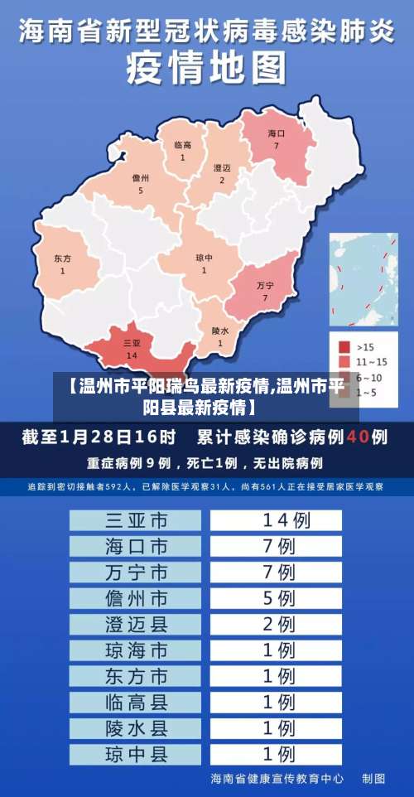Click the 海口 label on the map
[277, 133]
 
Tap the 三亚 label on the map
[132, 342]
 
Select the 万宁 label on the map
[265, 285]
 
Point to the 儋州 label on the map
[141, 178]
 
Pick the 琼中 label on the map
[204, 258]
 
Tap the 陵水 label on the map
[220, 330]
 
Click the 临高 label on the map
[183, 145]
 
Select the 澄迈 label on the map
[222, 167]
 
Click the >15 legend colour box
[344, 346]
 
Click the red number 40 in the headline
[358, 436]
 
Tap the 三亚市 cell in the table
[136, 520]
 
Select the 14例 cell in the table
[277, 520]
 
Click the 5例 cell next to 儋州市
[277, 597]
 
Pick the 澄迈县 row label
[136, 623]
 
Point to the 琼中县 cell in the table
[136, 754]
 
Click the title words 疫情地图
[207, 67]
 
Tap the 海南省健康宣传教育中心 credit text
[277, 779]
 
